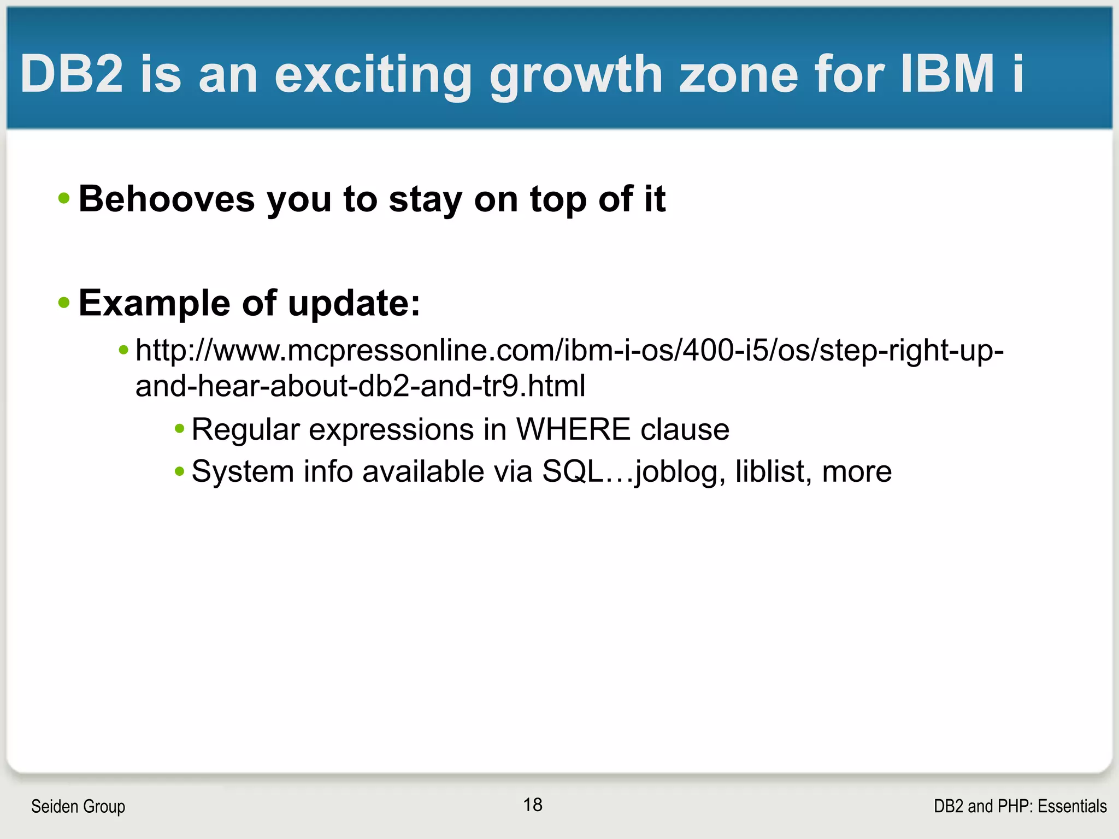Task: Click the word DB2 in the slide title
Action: [x=72, y=74]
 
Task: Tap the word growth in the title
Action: [x=576, y=75]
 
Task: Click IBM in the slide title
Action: [x=947, y=74]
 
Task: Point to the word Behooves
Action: [x=167, y=199]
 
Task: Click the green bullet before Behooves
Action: [x=64, y=198]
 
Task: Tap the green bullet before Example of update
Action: [x=64, y=303]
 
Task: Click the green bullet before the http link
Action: [x=124, y=350]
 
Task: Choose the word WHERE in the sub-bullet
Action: [x=573, y=429]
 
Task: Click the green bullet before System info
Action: [x=180, y=471]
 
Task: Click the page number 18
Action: [x=533, y=805]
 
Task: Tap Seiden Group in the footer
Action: [x=78, y=806]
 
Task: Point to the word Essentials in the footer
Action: [x=1072, y=806]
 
